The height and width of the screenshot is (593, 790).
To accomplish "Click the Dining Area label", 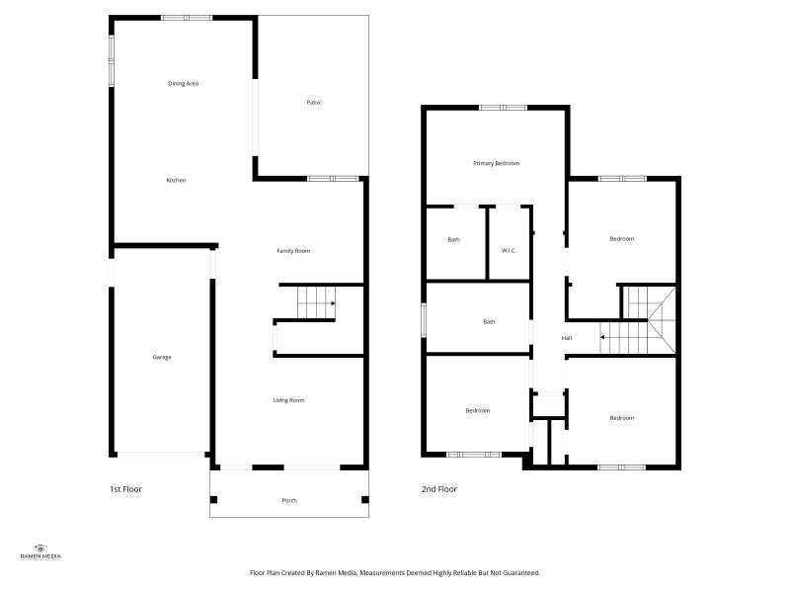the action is pos(184,84).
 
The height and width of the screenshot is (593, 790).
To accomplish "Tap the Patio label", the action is pos(313,103).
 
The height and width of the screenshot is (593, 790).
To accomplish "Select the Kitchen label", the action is pos(177,180).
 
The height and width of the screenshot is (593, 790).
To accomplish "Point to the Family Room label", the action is pos(293,251).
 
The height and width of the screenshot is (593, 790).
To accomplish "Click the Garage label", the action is pos(162,357).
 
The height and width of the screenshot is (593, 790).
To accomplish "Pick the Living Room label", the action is pos(288,400).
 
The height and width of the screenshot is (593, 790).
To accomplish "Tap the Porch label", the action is pos(289,501).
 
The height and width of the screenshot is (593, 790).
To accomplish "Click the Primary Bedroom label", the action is pos(497,163).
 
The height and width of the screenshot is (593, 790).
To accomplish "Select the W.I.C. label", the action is pos(510,251).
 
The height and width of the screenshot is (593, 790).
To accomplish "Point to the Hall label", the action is pos(567,338).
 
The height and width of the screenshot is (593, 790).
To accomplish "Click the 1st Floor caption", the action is pos(126,489).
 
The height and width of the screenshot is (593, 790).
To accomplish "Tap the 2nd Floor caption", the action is pos(439,489).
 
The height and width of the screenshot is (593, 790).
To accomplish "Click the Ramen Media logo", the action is pos(40,551).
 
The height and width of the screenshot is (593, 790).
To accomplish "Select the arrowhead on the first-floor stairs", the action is pos(333,303).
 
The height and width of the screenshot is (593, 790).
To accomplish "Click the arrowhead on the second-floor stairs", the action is pos(601,337).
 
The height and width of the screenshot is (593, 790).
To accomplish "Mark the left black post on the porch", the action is pos(213,500).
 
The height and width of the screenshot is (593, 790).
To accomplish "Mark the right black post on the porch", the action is pos(365,500).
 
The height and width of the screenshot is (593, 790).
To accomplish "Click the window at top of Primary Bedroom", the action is pos(503,108).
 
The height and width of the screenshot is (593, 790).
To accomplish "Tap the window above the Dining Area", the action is pos(187,18).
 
